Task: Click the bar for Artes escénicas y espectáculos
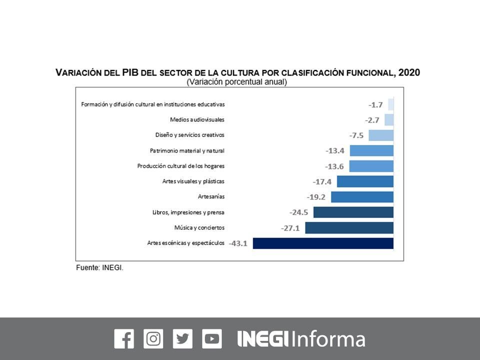click(323, 243)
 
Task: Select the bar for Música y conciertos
click(349, 228)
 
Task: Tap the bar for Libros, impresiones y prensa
click(353, 212)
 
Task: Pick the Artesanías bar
click(362, 197)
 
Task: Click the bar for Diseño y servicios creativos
click(381, 135)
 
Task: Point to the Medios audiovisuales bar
click(389, 119)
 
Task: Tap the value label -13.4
click(335, 150)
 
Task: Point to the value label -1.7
click(375, 104)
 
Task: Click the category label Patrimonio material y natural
click(187, 150)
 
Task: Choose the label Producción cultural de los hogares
click(181, 166)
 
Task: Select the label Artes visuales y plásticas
click(193, 181)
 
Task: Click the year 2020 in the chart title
click(409, 72)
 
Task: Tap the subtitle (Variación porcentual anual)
click(237, 82)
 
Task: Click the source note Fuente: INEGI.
click(99, 268)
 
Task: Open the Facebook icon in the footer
click(124, 339)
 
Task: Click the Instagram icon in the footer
click(153, 339)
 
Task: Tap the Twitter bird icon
click(182, 339)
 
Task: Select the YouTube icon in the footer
click(212, 339)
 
